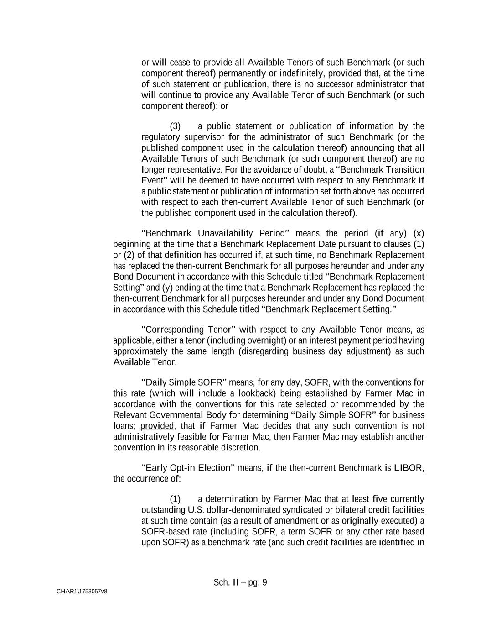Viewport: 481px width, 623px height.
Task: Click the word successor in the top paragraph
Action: coord(335,84)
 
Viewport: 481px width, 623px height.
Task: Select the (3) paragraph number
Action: coord(175,126)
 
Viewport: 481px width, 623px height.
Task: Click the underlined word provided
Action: coord(157,426)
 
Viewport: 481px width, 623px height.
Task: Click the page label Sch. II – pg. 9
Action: coord(240,582)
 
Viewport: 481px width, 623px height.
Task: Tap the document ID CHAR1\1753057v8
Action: coord(82,592)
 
